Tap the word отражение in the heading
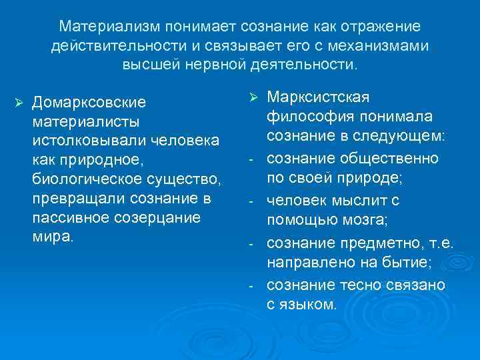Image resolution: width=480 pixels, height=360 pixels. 381,26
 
